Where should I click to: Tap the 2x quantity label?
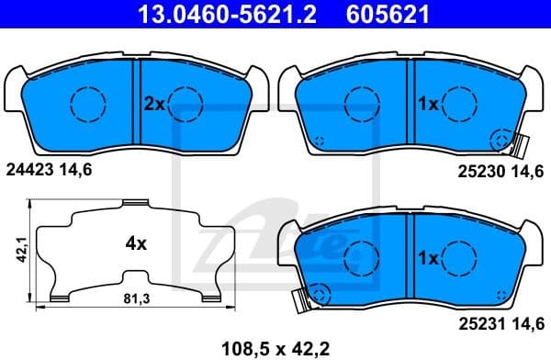pos(152,105)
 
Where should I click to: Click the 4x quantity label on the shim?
pos(136,244)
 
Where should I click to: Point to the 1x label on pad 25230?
pos(428,105)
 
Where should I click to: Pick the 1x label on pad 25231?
pos(428,259)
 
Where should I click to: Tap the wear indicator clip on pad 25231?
pos(298,299)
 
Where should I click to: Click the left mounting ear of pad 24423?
pos(13,87)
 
